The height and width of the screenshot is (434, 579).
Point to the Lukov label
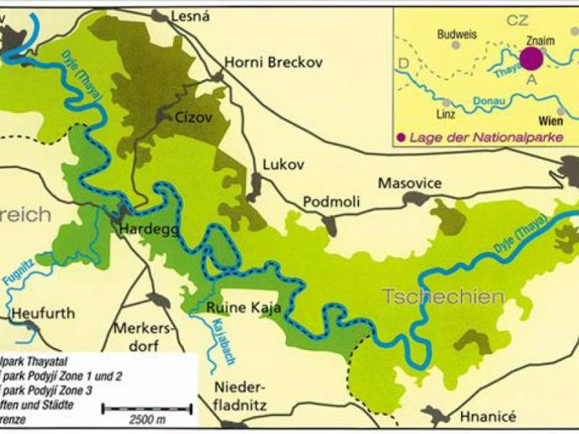pos(280,164)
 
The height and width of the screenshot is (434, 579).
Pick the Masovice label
pos(410,183)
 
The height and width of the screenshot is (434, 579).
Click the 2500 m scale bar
pos(147,410)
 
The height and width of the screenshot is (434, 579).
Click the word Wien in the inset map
pos(551,121)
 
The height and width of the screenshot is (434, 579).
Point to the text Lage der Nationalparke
pos(486,137)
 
